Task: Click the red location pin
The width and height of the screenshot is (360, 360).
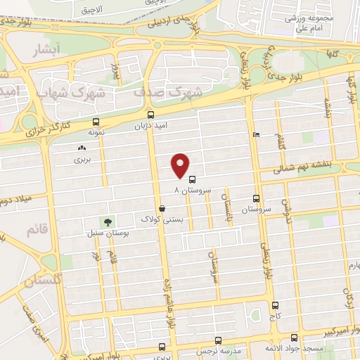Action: tap(181, 165)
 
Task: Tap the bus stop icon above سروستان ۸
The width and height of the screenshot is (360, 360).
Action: tap(193, 179)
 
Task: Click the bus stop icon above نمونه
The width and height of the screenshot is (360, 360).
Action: tap(96, 122)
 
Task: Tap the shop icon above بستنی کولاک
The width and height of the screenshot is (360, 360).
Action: tap(163, 209)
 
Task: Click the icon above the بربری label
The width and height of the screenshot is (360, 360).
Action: tap(82, 149)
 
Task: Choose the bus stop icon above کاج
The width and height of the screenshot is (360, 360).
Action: tap(274, 306)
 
